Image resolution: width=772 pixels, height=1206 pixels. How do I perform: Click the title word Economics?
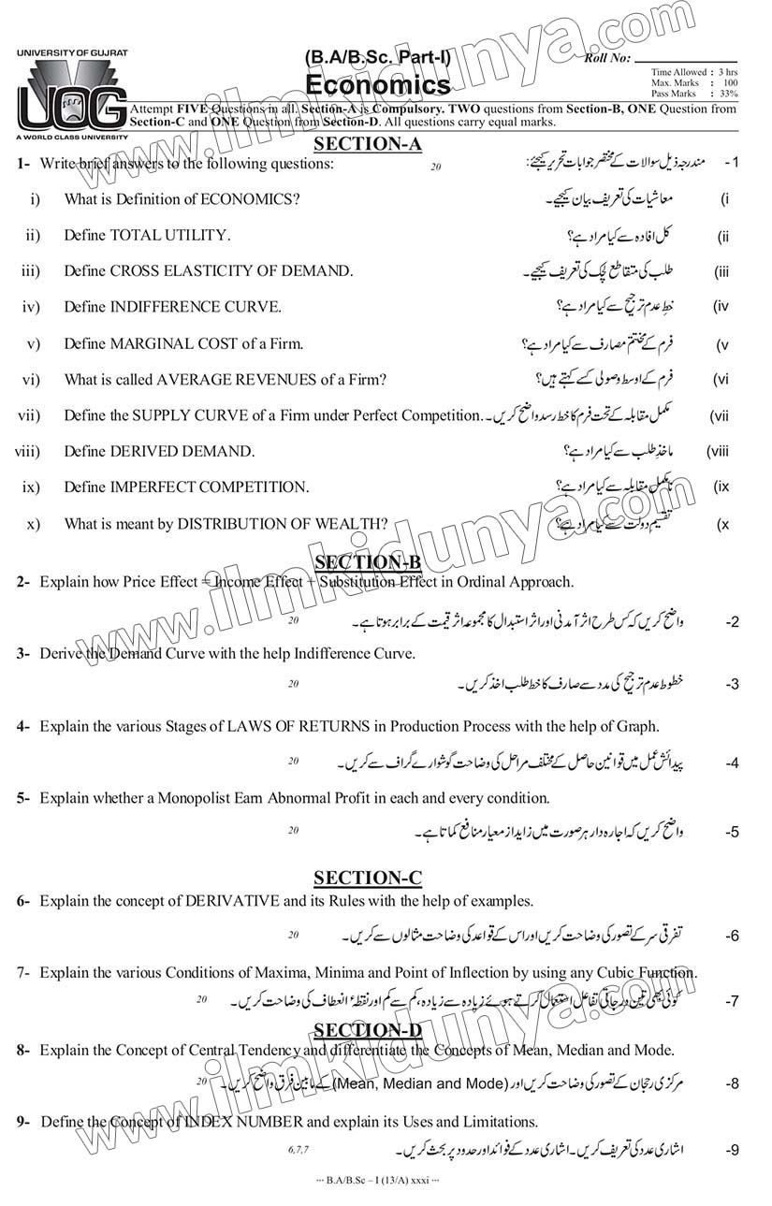(x=377, y=85)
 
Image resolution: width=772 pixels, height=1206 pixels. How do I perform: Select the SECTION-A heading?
(x=368, y=143)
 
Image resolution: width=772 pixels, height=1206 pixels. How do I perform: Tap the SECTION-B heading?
(x=368, y=561)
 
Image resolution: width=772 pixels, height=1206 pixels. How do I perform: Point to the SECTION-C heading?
(x=368, y=878)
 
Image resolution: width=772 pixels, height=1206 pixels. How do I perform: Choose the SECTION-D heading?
(x=368, y=1030)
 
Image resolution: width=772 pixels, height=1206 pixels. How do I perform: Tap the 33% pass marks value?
(x=729, y=94)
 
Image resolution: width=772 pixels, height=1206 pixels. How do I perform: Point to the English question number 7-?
(x=24, y=973)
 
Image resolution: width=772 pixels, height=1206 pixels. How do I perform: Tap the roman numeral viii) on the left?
(x=27, y=451)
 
